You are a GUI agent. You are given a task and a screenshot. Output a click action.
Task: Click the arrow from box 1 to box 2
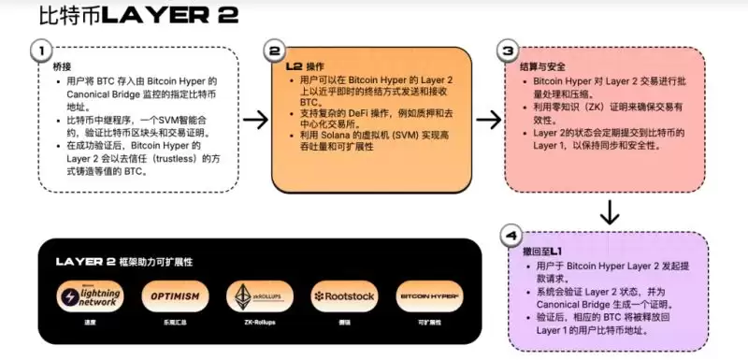tap(255, 119)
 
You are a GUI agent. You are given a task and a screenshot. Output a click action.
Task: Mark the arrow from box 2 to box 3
tap(488, 119)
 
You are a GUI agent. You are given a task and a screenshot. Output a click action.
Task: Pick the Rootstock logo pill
tap(343, 296)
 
